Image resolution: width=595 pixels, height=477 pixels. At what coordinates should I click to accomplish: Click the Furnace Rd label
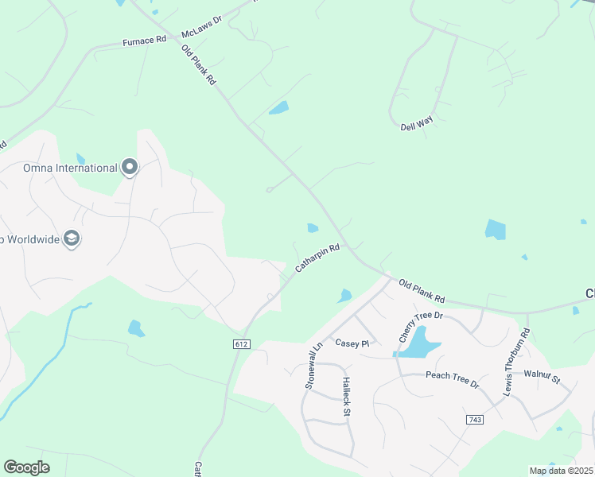coord(144,40)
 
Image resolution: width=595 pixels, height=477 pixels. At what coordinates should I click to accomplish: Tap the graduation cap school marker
coord(72,238)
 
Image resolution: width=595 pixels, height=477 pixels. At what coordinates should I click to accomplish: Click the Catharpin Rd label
coord(317,258)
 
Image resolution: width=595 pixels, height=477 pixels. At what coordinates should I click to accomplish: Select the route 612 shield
coord(242,343)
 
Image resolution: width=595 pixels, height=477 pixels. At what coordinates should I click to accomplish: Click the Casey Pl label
coord(352,343)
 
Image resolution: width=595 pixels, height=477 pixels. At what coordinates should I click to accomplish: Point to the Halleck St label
coord(347,397)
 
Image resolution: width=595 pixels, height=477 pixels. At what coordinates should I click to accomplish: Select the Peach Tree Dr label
coord(452,379)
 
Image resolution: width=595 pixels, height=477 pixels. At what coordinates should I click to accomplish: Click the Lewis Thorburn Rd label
coord(515,363)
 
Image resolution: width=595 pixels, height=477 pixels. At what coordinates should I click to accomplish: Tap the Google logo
coord(26,467)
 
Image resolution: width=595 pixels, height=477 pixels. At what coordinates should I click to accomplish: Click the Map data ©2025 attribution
coord(560,471)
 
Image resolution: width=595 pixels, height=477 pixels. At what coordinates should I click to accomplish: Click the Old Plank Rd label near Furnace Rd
coord(199,65)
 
